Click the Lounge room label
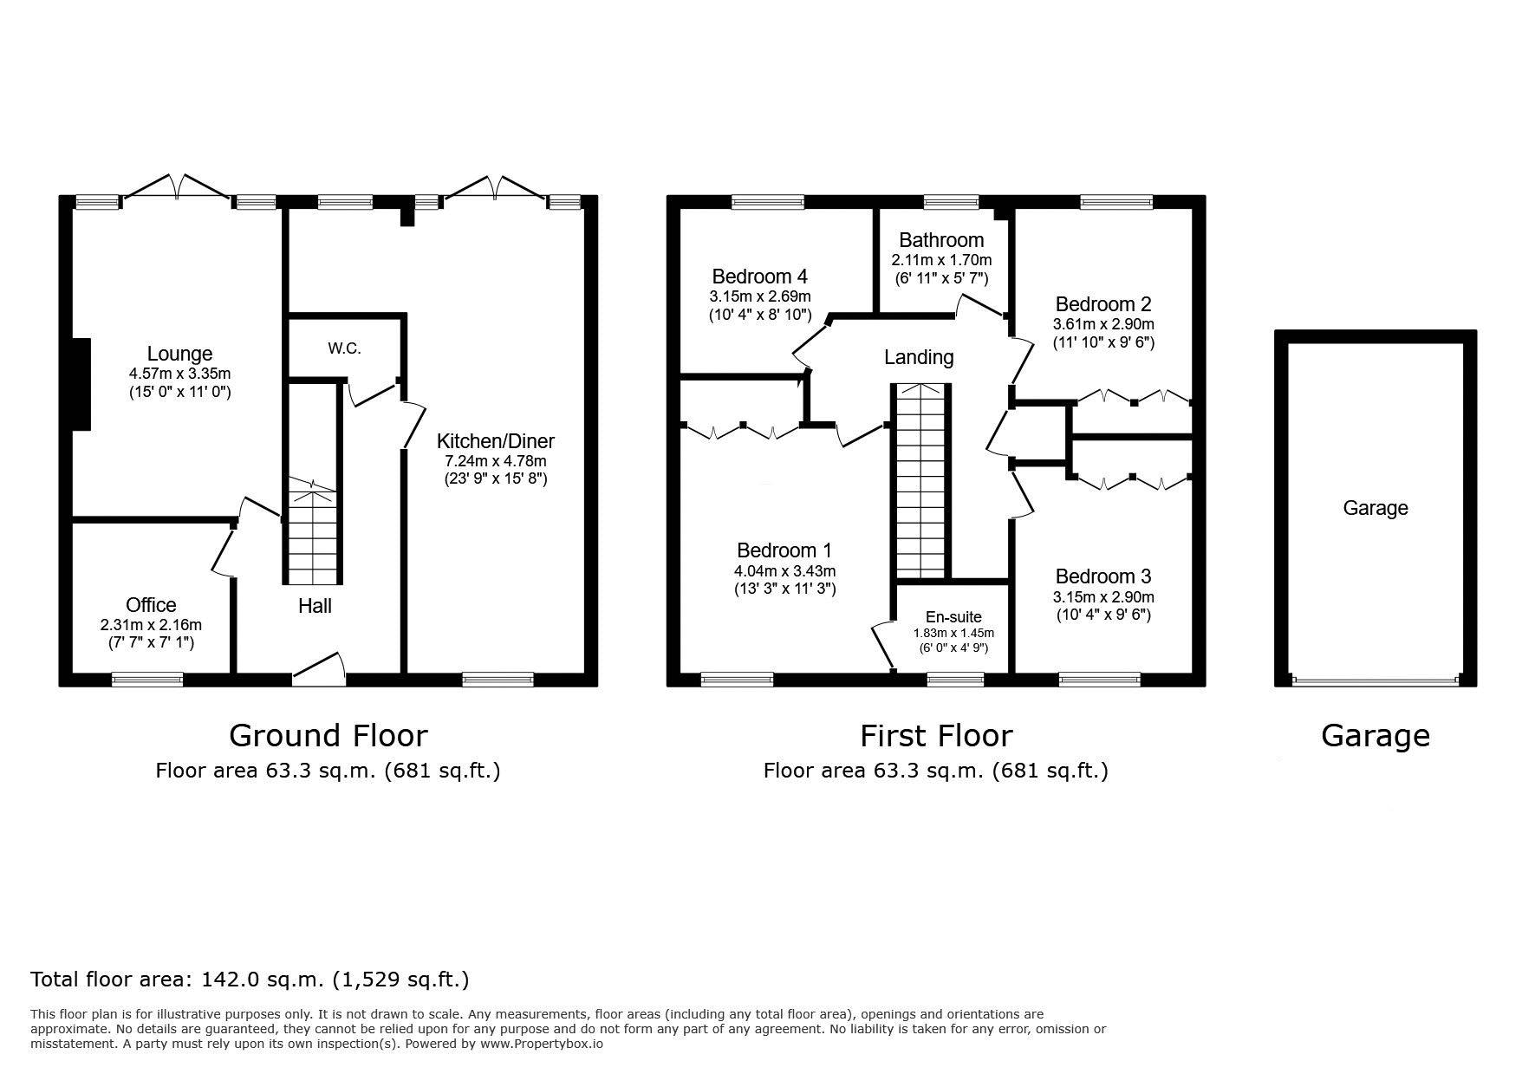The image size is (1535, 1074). point(179,354)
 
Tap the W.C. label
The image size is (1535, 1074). point(344,348)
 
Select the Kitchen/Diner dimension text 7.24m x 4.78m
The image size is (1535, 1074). point(495,460)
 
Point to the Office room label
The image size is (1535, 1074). point(151,605)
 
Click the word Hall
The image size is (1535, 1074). point(315,606)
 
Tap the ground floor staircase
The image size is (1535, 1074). point(312,532)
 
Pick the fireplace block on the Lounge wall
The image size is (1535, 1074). point(81,384)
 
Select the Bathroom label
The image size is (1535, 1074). point(941,240)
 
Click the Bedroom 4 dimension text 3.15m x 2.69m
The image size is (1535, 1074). point(759,296)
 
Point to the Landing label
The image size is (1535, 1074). point(919,357)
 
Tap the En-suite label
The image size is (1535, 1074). point(953,617)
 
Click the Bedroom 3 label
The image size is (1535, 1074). point(1103,576)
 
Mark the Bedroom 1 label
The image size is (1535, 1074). point(784,550)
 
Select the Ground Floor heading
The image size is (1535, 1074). point(328,736)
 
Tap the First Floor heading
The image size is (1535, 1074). point(936,736)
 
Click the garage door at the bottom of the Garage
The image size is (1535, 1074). point(1376,680)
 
